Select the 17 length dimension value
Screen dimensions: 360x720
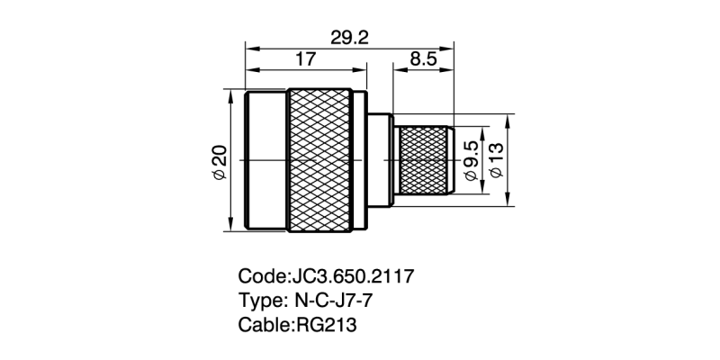coord(306,59)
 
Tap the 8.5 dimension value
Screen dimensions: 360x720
coord(422,59)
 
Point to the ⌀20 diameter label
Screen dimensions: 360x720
coord(219,160)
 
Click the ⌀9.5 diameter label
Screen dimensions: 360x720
coord(471,160)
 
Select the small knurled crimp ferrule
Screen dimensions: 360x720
coord(424,160)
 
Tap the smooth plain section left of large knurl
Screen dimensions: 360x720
coord(267,160)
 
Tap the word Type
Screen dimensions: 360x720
coord(259,300)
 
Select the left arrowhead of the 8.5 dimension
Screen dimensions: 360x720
coord(395,70)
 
